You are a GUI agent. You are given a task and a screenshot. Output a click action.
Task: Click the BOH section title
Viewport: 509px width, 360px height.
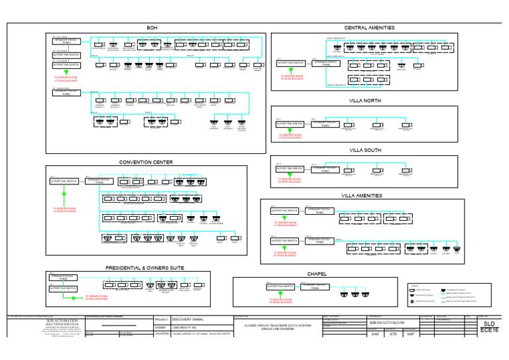[x=152, y=27]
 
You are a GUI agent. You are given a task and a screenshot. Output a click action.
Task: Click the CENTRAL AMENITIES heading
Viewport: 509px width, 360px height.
[x=369, y=27]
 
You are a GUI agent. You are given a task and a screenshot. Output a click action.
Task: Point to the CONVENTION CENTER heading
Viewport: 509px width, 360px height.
[x=146, y=162]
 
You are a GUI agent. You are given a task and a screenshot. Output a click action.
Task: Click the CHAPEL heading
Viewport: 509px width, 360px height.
[x=317, y=273]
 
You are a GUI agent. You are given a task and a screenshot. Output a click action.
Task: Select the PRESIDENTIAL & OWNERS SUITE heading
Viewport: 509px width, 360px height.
[x=144, y=267]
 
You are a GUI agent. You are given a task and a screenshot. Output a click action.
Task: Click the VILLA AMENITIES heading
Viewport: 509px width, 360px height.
[x=362, y=196]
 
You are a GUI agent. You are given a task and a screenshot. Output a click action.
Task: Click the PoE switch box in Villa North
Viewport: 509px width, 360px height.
[x=290, y=124]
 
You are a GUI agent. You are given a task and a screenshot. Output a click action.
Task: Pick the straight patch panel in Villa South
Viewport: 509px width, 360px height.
[x=325, y=169]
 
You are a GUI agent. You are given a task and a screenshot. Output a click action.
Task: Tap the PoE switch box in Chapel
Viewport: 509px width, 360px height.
[x=280, y=287]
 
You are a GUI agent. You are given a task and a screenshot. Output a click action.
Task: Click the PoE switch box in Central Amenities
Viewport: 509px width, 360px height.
[x=290, y=65]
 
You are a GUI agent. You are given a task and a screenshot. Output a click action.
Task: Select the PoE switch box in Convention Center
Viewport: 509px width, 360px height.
[x=64, y=181]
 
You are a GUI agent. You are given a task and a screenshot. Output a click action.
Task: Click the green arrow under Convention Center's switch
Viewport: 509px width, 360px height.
[x=64, y=196]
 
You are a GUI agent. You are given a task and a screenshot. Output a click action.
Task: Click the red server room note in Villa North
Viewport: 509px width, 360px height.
[x=289, y=137]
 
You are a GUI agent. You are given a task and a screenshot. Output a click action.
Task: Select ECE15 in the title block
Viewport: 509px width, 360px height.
[x=489, y=330]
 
